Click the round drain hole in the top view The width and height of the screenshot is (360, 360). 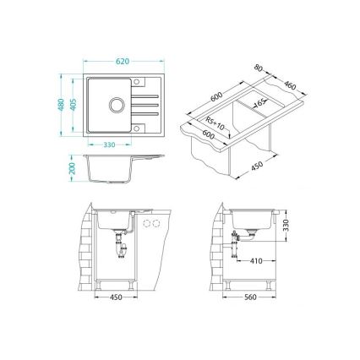pyautogui.click(x=115, y=107)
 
